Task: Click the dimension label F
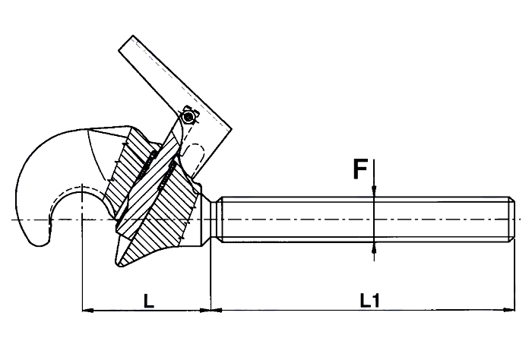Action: coord(360,169)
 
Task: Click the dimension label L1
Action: coord(370,300)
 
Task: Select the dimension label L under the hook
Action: coord(149,301)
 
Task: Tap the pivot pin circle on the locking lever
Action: coord(188,117)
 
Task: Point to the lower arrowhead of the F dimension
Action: coord(374,248)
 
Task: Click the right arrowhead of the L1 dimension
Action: coord(508,309)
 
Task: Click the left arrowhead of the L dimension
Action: coord(89,309)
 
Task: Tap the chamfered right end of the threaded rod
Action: coord(513,219)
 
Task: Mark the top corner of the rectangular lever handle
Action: coord(132,35)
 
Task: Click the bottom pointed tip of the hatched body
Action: coord(119,264)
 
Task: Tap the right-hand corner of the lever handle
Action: coord(232,129)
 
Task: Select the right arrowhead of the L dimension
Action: coord(204,309)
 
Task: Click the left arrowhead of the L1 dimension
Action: coord(217,309)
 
